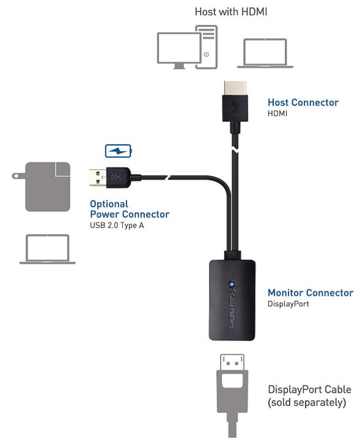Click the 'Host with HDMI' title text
point(231,12)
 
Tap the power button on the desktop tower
point(207,54)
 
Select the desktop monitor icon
point(179,51)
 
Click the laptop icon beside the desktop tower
point(265,53)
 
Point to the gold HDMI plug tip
point(235,88)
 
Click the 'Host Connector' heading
point(303,102)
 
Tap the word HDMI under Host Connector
point(277,114)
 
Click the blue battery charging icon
point(119,151)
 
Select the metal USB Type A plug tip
point(98,177)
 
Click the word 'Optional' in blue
point(109,204)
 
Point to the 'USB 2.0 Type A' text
point(117,225)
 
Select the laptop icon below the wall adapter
point(47,249)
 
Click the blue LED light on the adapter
point(232,284)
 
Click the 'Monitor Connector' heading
point(310,293)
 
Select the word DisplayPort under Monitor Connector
point(288,304)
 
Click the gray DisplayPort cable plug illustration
point(232,396)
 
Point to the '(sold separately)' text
point(307,402)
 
